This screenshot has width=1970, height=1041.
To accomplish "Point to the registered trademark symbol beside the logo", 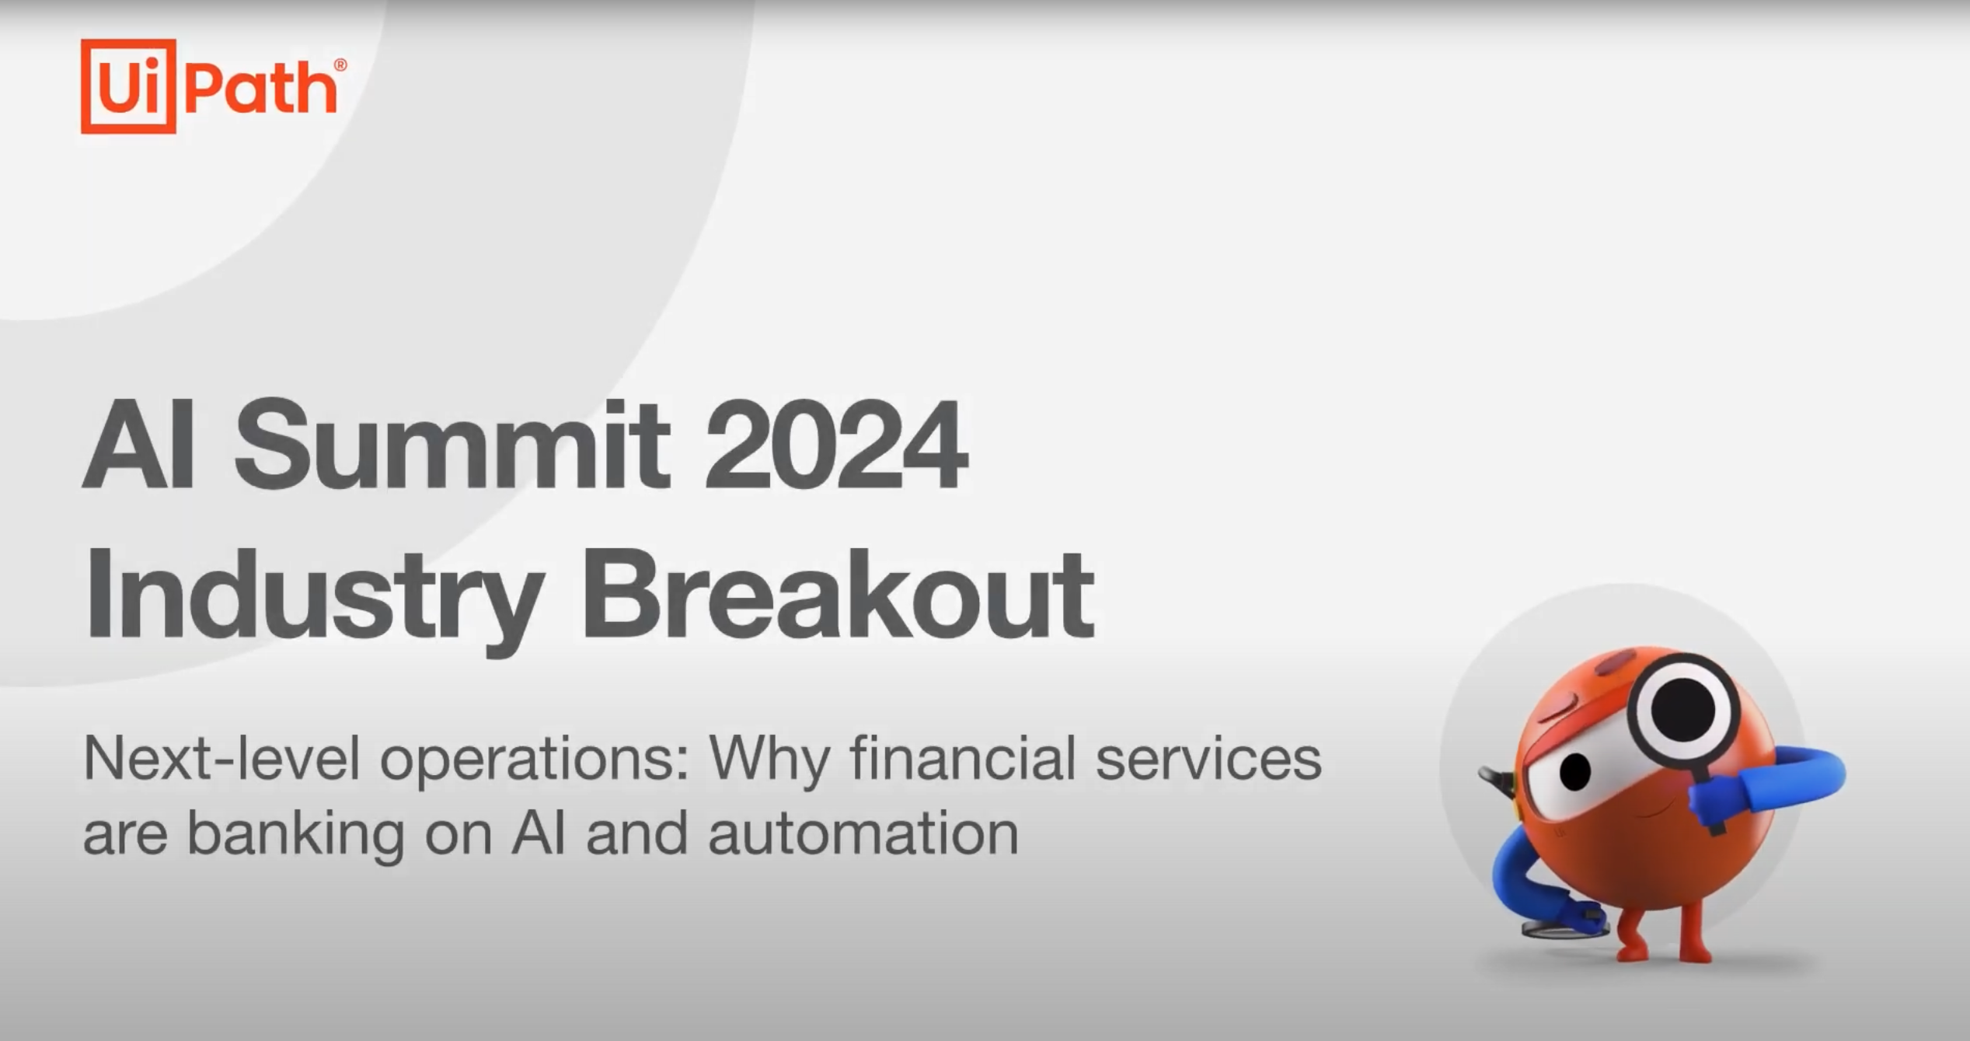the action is click(340, 65).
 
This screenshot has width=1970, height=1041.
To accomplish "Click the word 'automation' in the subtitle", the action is click(863, 833).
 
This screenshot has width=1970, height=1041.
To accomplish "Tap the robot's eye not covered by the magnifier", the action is click(1575, 771).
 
